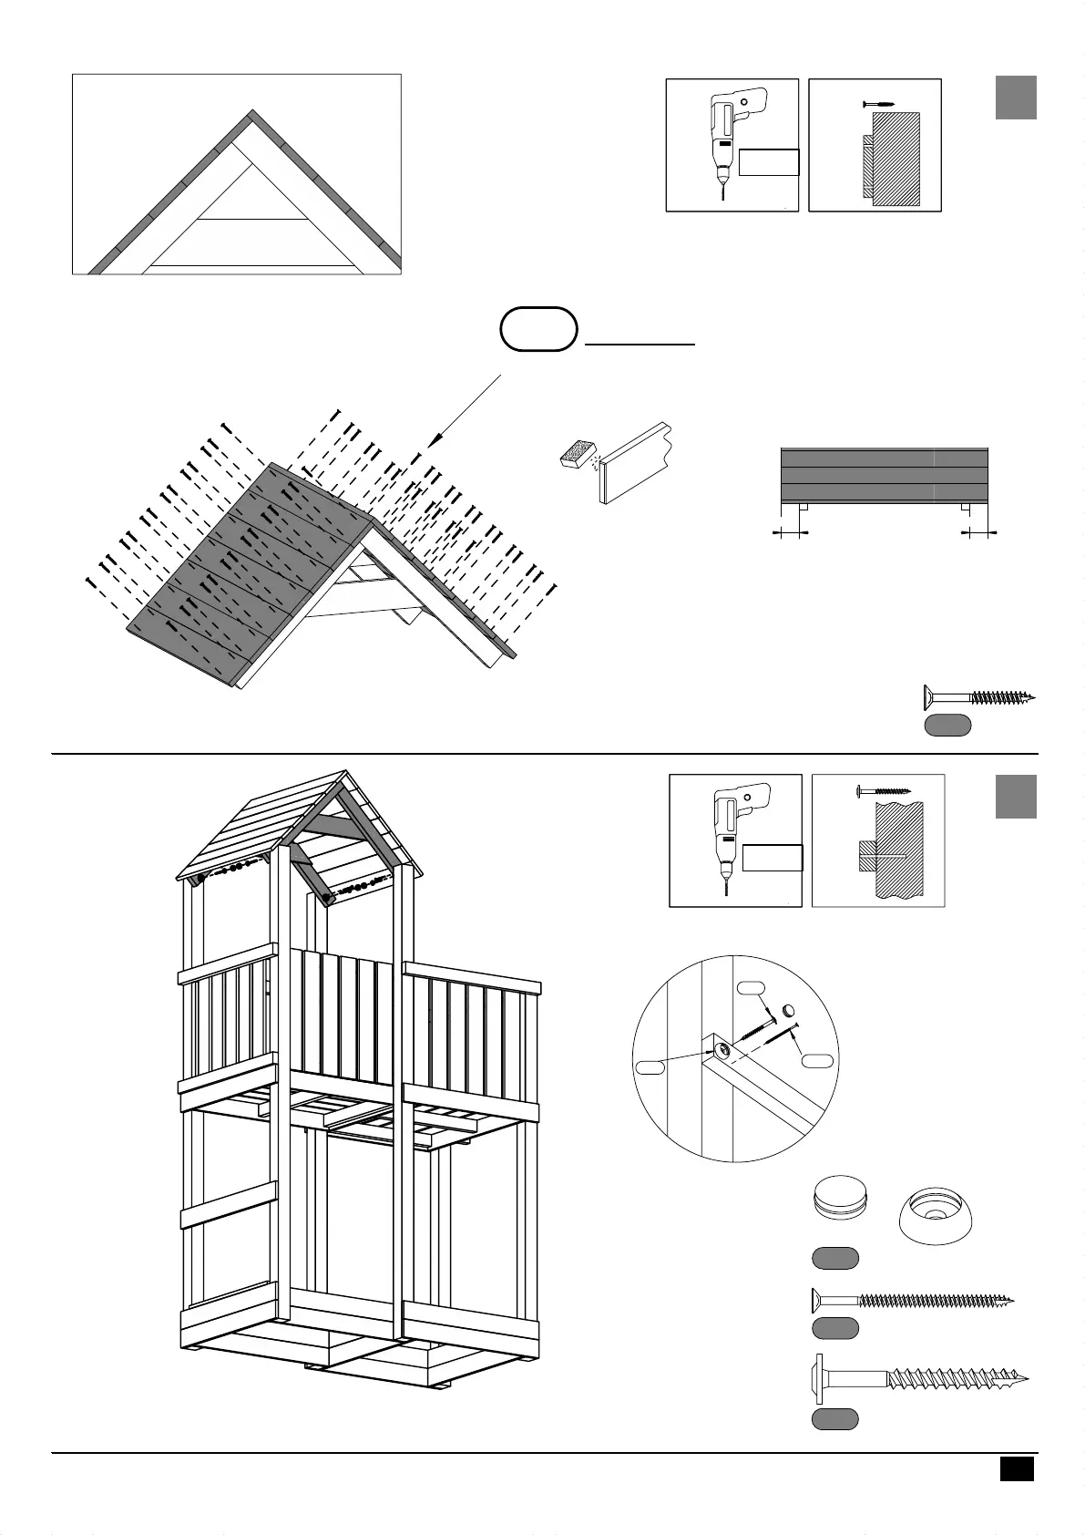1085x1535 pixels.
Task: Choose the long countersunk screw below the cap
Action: [912, 1298]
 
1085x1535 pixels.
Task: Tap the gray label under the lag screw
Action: [834, 1418]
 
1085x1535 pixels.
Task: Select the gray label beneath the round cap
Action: [834, 1259]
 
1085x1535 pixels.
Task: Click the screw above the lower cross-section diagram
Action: [882, 790]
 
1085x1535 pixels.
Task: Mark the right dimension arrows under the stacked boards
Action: [980, 531]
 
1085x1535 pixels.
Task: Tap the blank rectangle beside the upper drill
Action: [769, 162]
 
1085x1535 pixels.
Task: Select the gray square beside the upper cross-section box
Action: [1016, 98]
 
